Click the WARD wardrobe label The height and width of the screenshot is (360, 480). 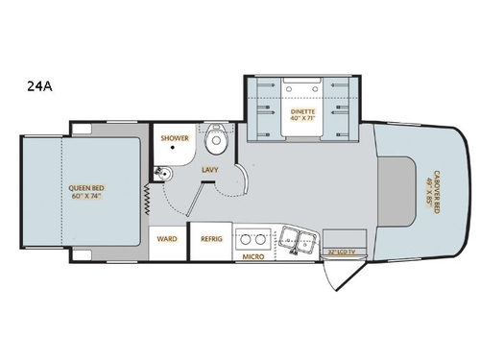click(167, 239)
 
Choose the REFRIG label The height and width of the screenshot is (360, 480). click(211, 239)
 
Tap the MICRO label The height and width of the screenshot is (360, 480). click(254, 257)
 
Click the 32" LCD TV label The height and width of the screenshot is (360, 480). click(343, 252)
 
